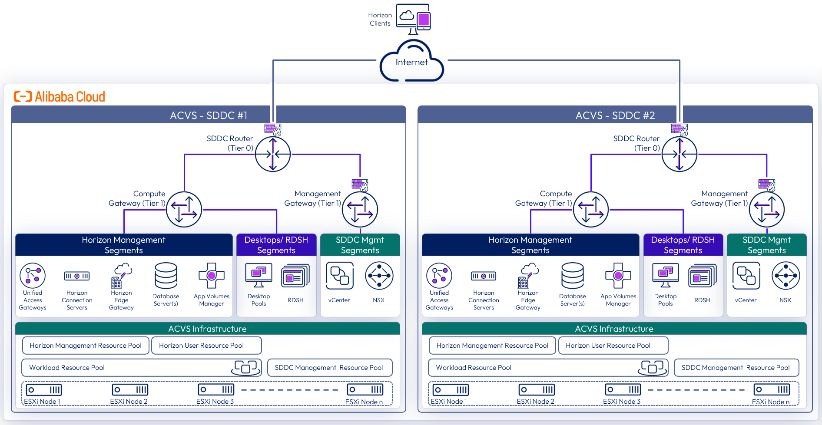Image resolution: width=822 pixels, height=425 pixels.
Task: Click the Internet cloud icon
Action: (411, 62)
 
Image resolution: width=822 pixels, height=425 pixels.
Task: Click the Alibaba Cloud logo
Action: (60, 96)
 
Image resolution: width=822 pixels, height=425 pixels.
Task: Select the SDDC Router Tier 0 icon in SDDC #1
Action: (273, 154)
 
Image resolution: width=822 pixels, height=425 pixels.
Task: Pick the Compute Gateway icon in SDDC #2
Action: (591, 210)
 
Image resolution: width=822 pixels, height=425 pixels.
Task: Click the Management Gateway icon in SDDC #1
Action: (360, 210)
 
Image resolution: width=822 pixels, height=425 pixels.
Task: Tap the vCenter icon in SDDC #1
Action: (339, 276)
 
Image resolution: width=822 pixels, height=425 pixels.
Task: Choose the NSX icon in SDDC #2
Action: (786, 276)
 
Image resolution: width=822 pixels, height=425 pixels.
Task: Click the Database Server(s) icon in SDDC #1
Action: (166, 276)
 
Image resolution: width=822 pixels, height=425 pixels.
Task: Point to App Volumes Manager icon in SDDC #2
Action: (618, 276)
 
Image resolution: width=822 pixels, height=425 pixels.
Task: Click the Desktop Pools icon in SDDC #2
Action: (665, 276)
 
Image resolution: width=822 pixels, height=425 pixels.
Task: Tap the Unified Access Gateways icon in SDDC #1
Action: (33, 276)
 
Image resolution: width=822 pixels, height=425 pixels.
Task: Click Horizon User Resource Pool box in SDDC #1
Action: (206, 346)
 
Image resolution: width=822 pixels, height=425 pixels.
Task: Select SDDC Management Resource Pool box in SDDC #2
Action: (736, 368)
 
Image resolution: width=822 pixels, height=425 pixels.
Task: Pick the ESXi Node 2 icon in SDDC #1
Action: (130, 389)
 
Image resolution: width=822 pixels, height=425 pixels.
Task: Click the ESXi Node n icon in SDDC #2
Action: (772, 389)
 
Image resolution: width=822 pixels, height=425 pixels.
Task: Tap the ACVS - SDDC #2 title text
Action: (615, 115)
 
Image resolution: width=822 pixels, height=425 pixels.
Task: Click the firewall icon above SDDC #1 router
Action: (273, 129)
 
